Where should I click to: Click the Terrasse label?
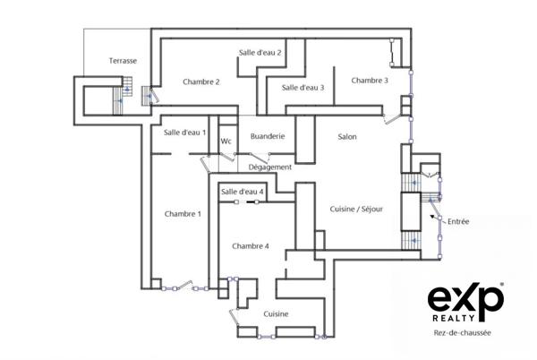coord(123,61)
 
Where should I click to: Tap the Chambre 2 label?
coord(201,82)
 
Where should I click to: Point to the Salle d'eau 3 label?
coord(303,88)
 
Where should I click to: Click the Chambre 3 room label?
coord(370,81)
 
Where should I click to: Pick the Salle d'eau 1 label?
coord(184,133)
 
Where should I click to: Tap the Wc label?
coord(226,141)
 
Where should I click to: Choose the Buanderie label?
coord(268,136)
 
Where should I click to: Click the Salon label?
coord(347,137)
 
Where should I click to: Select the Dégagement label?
coord(271,167)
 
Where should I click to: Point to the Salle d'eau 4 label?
coord(242,192)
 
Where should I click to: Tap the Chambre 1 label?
coord(183,214)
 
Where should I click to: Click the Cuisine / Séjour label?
coord(358,210)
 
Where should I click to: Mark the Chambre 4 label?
coord(250,246)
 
